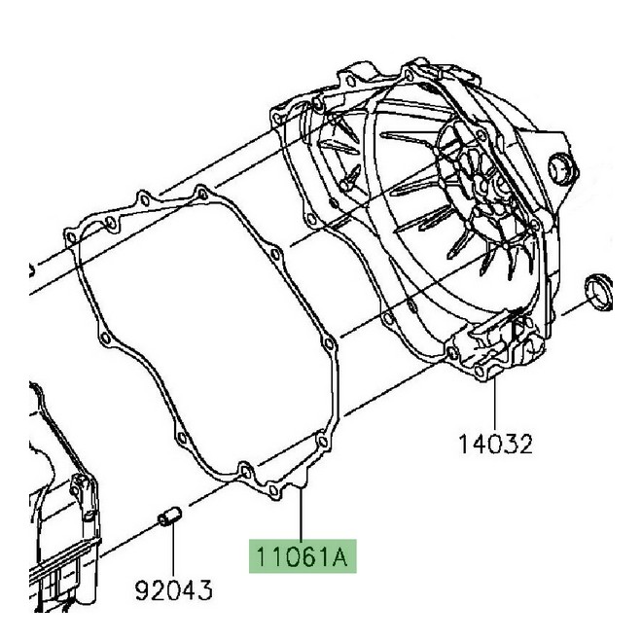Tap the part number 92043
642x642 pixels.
[x=174, y=589]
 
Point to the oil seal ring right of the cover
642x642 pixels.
[x=598, y=292]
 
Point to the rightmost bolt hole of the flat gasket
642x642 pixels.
[x=331, y=345]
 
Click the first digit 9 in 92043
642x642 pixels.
[x=141, y=589]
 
